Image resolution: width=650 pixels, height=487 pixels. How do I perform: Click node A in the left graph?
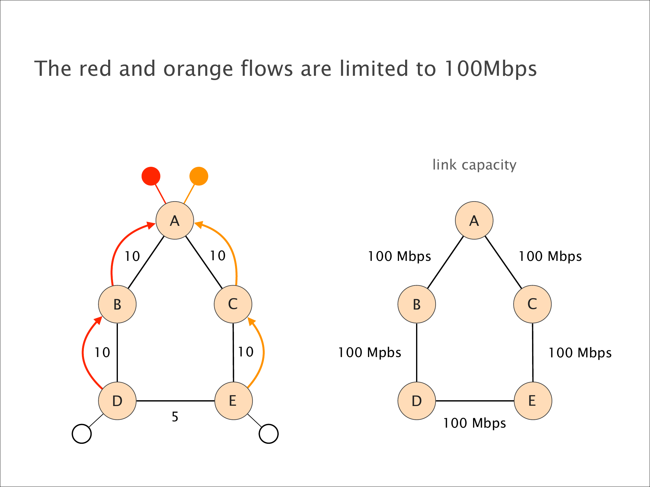175,220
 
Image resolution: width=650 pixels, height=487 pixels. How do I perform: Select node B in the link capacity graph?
416,304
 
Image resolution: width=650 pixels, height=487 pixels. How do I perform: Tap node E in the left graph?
233,401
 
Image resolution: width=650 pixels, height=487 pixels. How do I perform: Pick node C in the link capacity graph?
532,304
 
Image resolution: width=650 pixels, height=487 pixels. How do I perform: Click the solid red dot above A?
151,176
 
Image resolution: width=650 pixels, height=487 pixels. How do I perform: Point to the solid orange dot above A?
199,176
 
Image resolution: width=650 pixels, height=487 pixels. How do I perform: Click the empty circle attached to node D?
82,434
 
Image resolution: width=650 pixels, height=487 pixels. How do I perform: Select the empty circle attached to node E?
268,434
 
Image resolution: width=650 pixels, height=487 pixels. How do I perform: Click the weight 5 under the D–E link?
175,417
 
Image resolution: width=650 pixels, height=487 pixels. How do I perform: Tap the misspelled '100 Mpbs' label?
369,352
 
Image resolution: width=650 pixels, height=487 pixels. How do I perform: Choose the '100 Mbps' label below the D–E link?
474,423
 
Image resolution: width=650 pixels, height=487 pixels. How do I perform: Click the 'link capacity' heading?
474,165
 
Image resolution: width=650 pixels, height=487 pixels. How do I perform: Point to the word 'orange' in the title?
198,69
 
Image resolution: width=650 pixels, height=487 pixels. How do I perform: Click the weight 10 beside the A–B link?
132,256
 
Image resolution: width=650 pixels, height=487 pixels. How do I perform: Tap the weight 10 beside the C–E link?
246,352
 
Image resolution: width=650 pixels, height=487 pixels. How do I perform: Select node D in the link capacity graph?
416,401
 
